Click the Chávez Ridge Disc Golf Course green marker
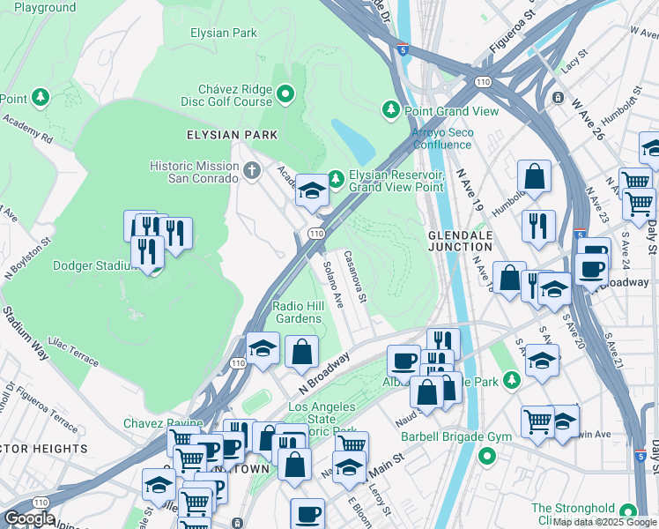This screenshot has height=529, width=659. coord(285,93)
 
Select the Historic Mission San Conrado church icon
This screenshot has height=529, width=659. coord(253,170)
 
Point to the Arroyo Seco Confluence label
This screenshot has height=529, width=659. coord(443,138)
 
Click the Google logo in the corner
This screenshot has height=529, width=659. coord(28,518)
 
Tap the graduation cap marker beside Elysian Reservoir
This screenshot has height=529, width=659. coord(312,190)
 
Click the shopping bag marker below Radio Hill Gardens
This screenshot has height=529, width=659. coord(301,351)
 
